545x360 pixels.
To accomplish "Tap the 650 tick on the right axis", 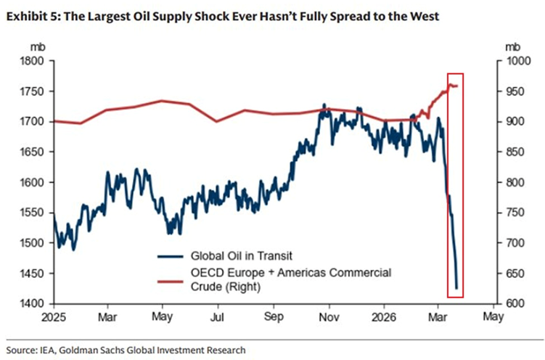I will (512, 273).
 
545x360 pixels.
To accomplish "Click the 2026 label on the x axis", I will (385, 317).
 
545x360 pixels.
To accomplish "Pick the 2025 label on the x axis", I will (53, 317).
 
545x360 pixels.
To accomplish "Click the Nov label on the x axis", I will (329, 317).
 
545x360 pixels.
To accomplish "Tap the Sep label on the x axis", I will (274, 317).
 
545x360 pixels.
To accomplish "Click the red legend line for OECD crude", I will (170, 272).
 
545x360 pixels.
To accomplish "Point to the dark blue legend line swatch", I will (170, 255).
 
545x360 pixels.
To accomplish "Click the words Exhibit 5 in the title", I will (31, 16).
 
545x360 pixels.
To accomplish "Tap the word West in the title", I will (422, 16).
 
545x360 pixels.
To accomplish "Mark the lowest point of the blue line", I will (456, 288).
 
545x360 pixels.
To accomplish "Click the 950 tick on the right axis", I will (512, 91).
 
